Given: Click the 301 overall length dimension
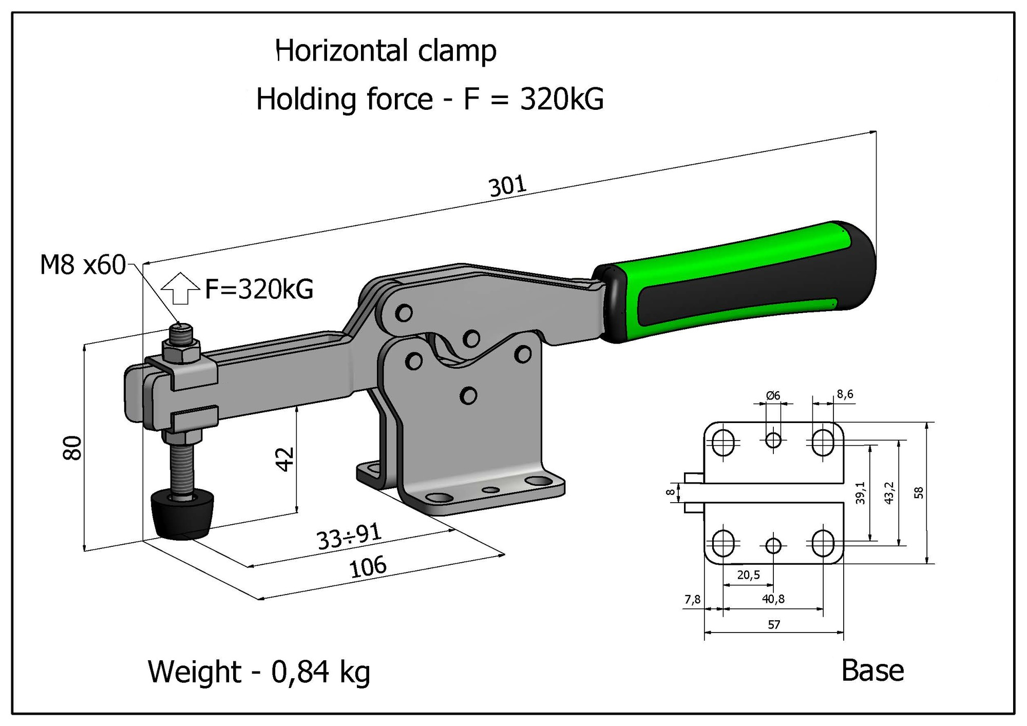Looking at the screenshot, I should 507,186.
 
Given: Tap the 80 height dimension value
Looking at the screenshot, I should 73,447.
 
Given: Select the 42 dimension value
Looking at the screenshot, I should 285,458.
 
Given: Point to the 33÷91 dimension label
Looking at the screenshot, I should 349,537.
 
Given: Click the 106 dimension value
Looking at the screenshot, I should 367,567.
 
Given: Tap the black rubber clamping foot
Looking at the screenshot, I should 182,514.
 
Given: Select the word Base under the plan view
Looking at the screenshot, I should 872,671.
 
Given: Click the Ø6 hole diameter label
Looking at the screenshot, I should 773,395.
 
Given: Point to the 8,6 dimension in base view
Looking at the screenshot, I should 845,394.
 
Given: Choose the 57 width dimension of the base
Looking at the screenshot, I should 774,625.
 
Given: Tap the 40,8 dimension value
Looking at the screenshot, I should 773,599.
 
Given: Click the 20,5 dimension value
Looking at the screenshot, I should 748,575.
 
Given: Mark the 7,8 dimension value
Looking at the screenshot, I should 692,599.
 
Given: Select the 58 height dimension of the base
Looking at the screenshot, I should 919,493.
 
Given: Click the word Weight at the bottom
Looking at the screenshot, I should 194,672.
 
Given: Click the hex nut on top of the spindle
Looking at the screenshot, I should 181,351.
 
